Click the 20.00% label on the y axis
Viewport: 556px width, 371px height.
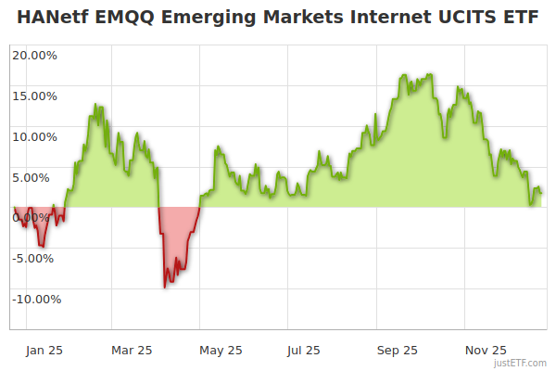(x=34, y=55)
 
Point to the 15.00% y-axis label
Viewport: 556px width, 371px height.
(x=34, y=96)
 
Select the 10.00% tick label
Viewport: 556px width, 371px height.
(x=34, y=136)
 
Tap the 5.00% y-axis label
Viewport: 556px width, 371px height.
(x=37, y=177)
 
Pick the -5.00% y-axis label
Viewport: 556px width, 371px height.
(x=35, y=258)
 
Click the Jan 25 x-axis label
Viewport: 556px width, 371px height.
(x=43, y=350)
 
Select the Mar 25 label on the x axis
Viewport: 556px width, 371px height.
(x=131, y=350)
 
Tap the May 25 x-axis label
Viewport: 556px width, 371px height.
(x=221, y=350)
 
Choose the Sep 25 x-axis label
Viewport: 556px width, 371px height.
(x=398, y=350)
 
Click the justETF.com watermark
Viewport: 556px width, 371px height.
(x=521, y=363)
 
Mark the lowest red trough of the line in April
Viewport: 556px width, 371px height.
(x=165, y=287)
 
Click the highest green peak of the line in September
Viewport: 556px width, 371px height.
(x=429, y=73)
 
